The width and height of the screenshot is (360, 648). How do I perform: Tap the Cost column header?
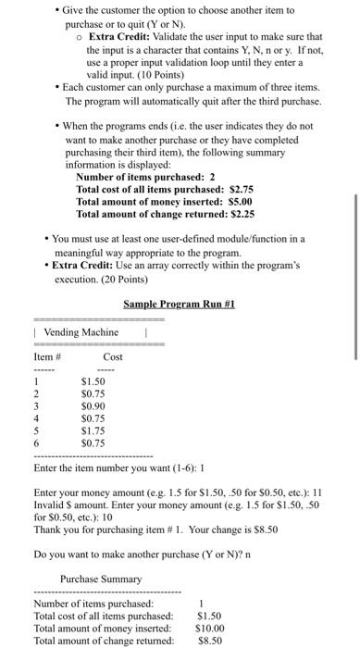(113, 356)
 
